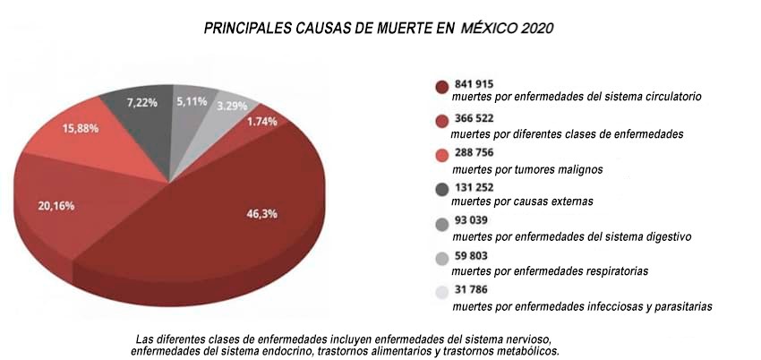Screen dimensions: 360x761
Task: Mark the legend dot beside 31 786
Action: pos(441,291)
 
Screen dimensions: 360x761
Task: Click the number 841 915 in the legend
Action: pos(475,82)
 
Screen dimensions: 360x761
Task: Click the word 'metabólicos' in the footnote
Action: pos(527,351)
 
